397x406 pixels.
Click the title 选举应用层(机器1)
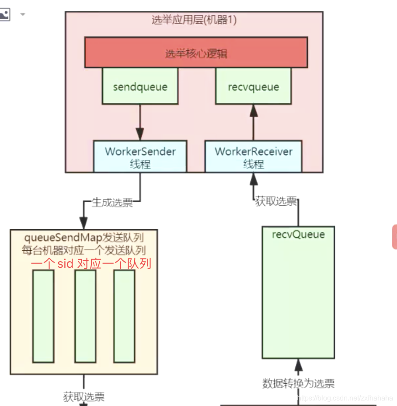click(194, 20)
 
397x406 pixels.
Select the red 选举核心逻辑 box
click(196, 52)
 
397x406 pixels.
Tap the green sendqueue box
click(140, 86)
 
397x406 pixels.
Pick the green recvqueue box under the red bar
click(254, 86)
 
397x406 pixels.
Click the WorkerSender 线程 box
click(140, 157)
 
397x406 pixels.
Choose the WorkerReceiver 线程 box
click(254, 157)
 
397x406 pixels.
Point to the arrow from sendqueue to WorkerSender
click(140, 122)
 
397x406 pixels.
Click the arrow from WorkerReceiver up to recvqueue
click(254, 122)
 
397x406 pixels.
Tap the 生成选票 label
click(112, 203)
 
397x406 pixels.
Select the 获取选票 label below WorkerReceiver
click(276, 202)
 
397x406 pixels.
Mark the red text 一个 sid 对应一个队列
click(91, 264)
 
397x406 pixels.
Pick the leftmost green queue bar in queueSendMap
click(43, 316)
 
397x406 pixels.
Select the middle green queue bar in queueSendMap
click(85, 316)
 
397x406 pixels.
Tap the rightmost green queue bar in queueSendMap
click(124, 316)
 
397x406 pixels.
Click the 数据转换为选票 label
click(298, 384)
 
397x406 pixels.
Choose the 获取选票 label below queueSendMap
click(84, 397)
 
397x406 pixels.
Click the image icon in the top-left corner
click(4, 15)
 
